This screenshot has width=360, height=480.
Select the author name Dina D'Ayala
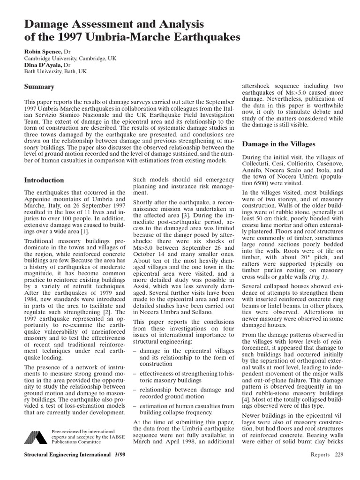point(43,65)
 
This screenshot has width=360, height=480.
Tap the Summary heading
point(39,87)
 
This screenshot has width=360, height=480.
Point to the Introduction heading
point(44,180)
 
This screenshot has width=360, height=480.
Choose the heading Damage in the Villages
point(278,144)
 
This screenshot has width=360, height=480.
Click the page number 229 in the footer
point(339,455)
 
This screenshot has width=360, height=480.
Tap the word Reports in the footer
point(320,455)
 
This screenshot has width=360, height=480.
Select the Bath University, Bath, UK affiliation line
point(55,72)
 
